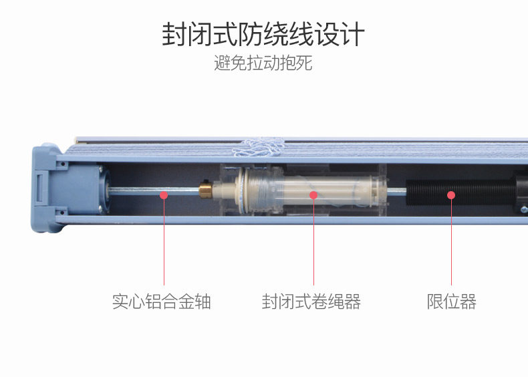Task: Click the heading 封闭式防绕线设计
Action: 263,34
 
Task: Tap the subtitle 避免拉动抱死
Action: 263,63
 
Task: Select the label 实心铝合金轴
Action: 162,301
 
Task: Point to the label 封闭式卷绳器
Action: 311,301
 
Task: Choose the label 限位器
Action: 452,301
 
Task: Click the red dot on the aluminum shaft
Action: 164,195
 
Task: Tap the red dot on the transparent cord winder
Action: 313,195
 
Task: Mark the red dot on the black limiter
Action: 451,195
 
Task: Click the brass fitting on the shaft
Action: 205,190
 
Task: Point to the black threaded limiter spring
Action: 460,193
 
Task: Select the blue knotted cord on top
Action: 259,148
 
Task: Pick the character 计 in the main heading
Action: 353,34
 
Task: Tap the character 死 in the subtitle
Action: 304,63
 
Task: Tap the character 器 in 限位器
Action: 468,301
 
